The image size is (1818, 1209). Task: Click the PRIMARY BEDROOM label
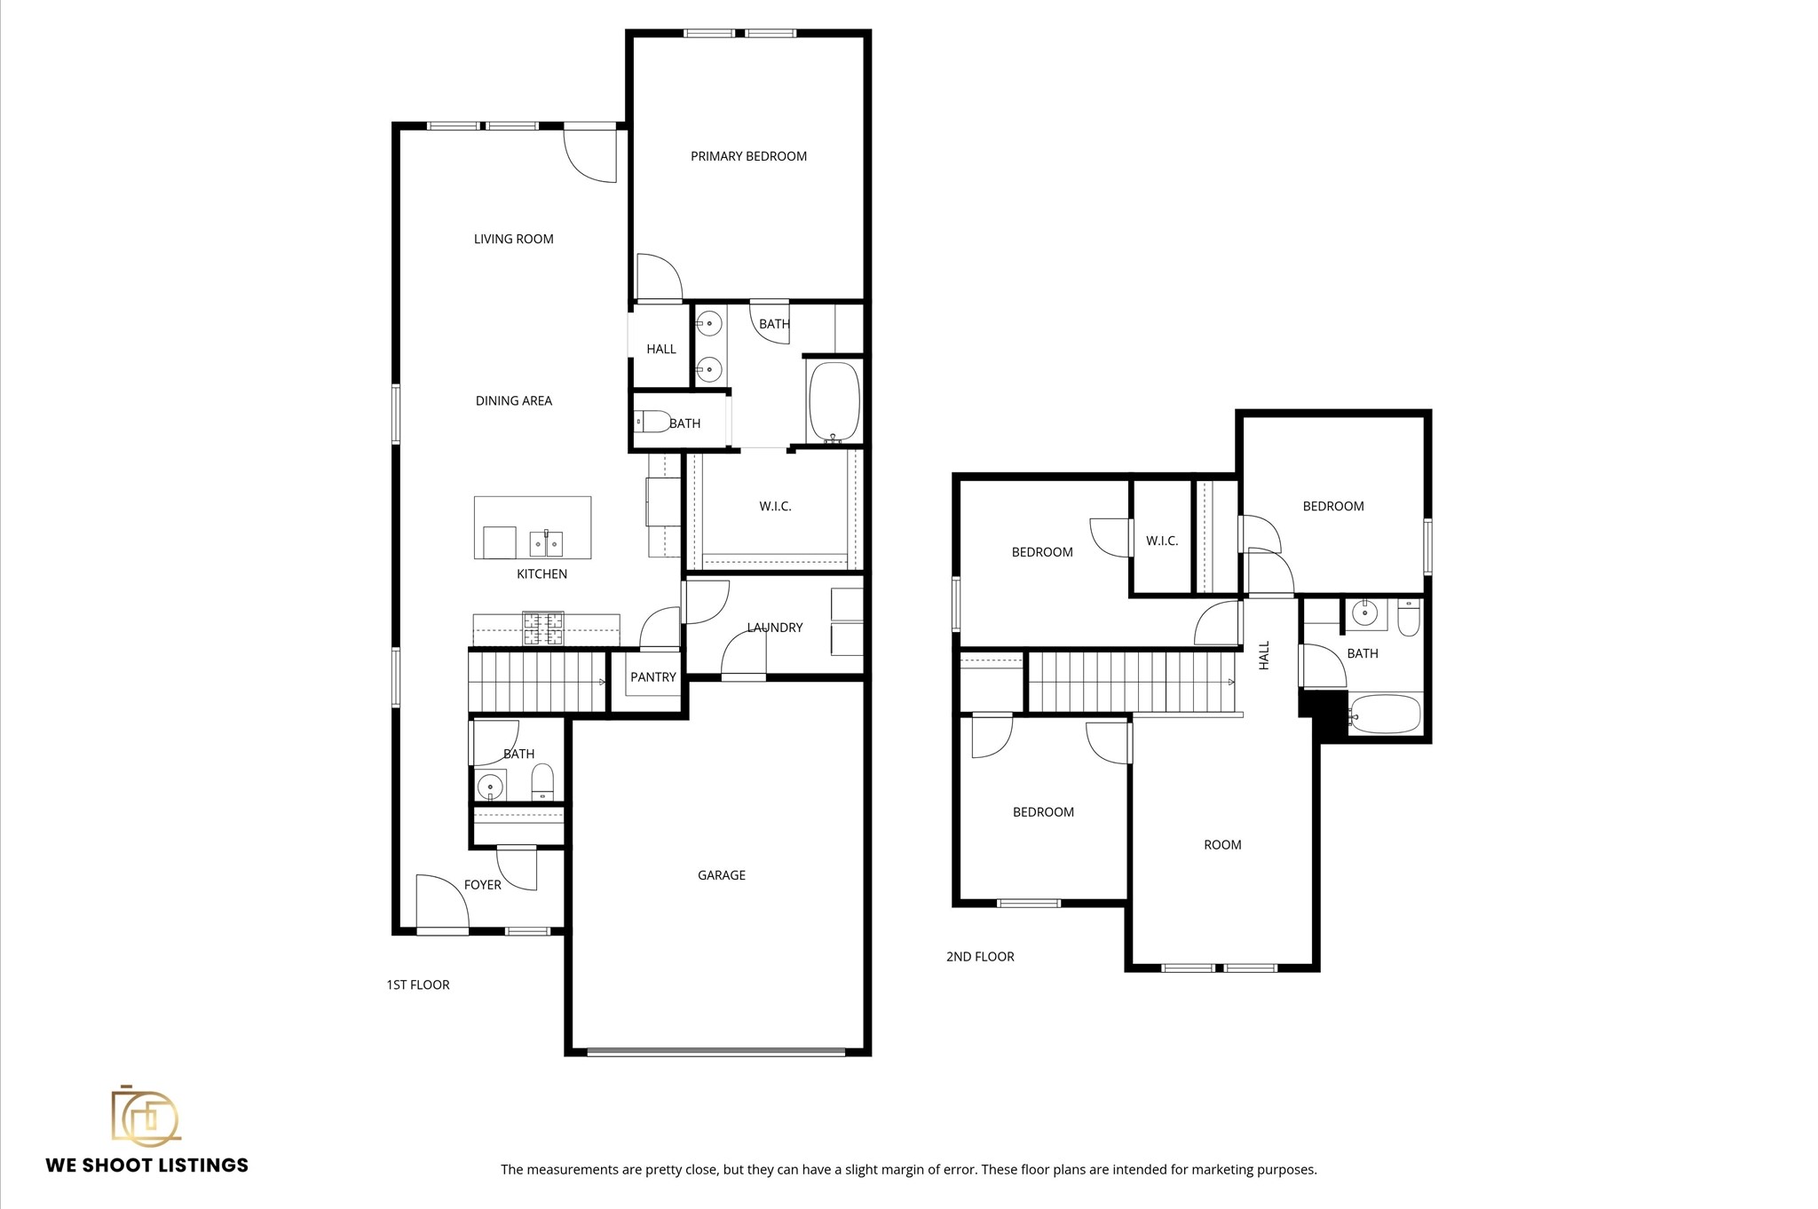tap(748, 156)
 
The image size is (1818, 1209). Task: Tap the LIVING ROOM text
tap(513, 239)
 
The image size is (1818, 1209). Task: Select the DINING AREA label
tap(513, 400)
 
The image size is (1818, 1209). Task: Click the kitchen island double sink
tap(545, 541)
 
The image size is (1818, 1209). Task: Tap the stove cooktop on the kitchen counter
tap(542, 628)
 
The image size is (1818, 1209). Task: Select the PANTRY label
tap(652, 677)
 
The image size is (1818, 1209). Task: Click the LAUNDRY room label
tap(774, 628)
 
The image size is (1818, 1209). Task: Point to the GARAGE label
tap(721, 875)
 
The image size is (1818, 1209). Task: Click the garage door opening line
tap(715, 1052)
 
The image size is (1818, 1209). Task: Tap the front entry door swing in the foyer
tap(444, 901)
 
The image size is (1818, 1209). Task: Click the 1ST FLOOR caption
tap(417, 984)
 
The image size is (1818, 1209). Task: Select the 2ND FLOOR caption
tap(979, 956)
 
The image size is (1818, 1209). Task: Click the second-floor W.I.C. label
tap(1161, 541)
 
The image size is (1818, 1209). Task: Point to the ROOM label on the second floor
tap(1221, 845)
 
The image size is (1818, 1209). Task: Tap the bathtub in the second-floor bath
tap(1385, 714)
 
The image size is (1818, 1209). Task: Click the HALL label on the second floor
tap(1264, 655)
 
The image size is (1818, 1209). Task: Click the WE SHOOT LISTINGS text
tap(146, 1166)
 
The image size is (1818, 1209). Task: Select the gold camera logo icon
tap(145, 1116)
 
